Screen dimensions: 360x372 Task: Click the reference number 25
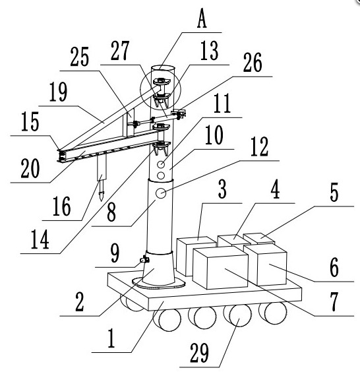coord(80,57)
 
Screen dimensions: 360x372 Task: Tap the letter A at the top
coord(202,19)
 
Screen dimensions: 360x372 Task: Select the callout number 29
coord(199,353)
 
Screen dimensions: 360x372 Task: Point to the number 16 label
coord(62,206)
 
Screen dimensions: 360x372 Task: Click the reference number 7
coord(334,301)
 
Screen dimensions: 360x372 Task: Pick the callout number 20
coord(30,168)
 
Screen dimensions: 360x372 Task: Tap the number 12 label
coord(259,146)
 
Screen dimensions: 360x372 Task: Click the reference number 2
coord(80,302)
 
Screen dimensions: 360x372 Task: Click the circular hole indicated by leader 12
coord(161,193)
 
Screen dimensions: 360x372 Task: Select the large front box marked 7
coord(220,268)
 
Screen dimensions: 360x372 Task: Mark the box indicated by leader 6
coord(266,264)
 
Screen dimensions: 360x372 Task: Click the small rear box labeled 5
coord(259,238)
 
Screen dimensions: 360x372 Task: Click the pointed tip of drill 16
coord(102,201)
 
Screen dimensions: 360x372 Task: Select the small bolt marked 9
coord(144,259)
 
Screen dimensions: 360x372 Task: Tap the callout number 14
coord(40,239)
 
